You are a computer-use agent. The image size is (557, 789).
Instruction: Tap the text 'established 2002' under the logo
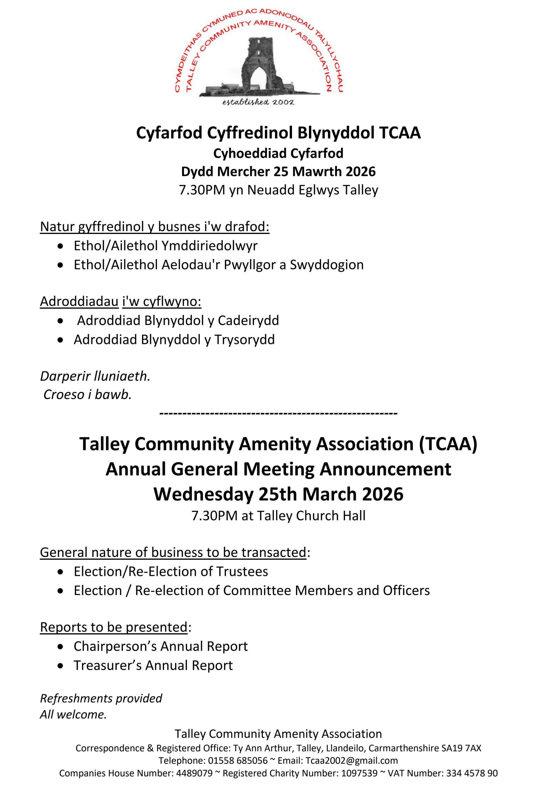[x=258, y=102]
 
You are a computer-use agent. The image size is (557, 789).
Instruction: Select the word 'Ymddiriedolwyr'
[x=209, y=246]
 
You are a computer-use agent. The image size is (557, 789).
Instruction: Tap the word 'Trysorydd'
[x=245, y=340]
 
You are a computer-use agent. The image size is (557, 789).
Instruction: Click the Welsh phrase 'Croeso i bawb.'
[x=87, y=394]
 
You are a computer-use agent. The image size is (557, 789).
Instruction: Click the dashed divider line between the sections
[x=278, y=413]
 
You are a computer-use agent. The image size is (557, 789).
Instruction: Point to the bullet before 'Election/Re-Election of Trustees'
[x=61, y=571]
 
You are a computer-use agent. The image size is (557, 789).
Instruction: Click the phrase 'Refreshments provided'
[x=101, y=698]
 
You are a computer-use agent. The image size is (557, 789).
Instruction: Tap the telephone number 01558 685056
[x=237, y=760]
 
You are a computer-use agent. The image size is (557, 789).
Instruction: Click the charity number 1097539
[x=359, y=773]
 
